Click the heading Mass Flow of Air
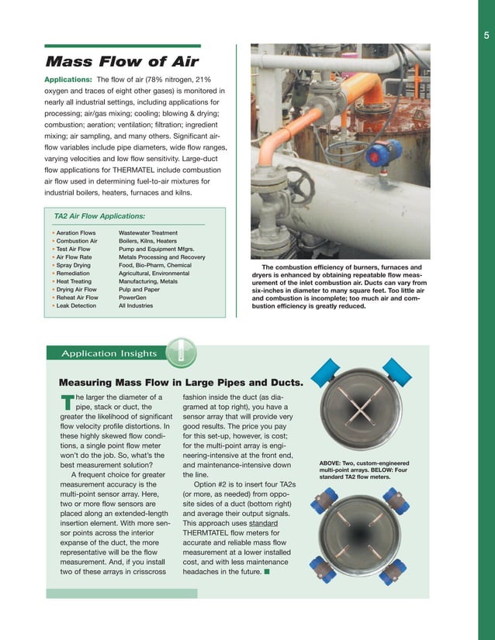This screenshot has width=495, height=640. click(122, 61)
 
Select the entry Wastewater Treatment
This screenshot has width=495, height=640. click(148, 233)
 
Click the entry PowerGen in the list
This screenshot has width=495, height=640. click(133, 298)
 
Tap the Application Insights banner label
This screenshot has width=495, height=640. click(109, 354)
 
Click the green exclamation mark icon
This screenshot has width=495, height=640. click(180, 353)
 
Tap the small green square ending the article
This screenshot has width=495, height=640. click(266, 573)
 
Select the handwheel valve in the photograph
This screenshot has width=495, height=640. click(298, 186)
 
